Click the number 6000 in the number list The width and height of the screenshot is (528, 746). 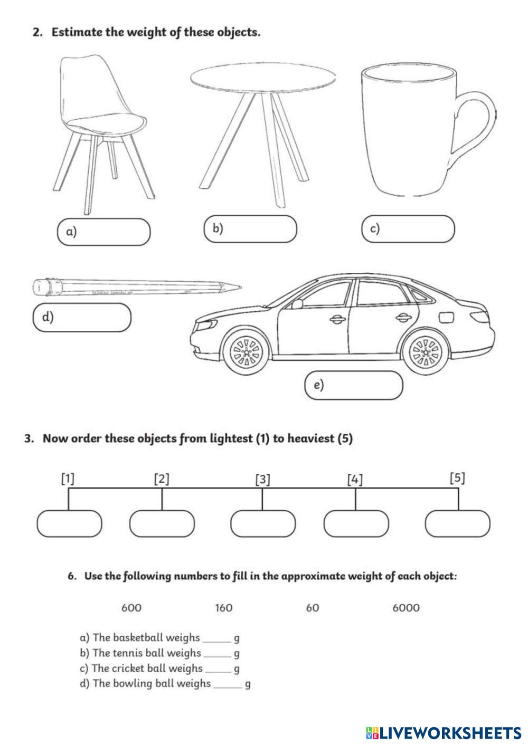406,608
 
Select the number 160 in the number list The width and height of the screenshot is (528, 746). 224,608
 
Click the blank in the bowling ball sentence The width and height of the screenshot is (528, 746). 228,684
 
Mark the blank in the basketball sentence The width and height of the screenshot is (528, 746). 217,638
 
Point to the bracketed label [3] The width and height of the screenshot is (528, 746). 262,480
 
